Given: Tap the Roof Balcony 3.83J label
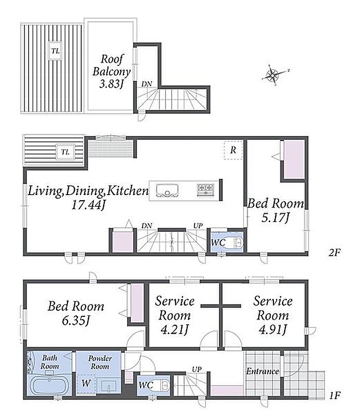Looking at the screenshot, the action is coord(112,71).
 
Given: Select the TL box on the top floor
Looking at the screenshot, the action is coord(56,50).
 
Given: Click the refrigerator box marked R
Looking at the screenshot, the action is coord(233,150).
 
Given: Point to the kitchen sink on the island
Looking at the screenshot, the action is coord(167,190).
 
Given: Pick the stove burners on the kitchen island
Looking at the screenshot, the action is coord(205,189).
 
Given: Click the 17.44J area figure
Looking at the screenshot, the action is coord(89,205).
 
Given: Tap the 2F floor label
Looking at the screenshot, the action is coord(334,253).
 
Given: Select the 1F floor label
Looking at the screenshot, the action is coord(335,395).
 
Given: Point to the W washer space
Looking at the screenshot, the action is coord(86,383).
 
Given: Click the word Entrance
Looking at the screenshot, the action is coord(262,371).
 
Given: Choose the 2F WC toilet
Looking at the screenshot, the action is coord(235,242).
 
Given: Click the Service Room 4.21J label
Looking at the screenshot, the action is coord(175,315).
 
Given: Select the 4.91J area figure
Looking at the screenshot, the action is coord(273,330).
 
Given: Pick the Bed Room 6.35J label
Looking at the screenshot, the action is coord(76,313).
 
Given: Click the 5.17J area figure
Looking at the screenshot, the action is coord(275,218).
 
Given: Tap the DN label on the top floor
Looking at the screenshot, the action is coord(146,84).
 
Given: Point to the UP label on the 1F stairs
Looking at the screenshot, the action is coord(197,369).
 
